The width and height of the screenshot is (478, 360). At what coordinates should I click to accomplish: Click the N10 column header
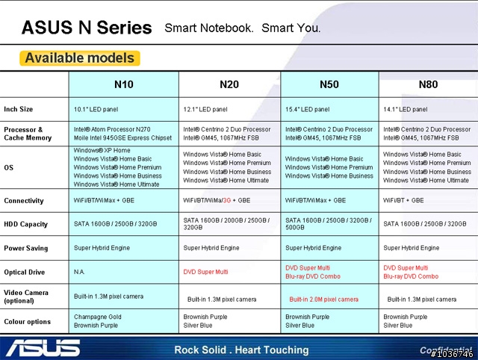tap(124, 84)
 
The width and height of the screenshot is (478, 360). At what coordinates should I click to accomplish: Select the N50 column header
tap(329, 84)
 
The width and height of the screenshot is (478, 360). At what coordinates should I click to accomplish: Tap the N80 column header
tap(428, 84)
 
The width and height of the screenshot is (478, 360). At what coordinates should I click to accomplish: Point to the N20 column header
tap(229, 84)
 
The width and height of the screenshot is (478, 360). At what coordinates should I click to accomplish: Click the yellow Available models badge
tap(80, 58)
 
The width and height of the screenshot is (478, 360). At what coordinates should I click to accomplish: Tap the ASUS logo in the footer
tap(43, 348)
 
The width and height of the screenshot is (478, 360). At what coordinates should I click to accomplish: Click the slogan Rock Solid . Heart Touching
tap(241, 350)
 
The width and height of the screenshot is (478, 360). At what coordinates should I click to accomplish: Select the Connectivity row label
tap(24, 201)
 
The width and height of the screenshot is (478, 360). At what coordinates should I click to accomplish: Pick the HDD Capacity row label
tap(26, 224)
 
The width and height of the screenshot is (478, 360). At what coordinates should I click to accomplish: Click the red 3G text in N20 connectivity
tap(227, 200)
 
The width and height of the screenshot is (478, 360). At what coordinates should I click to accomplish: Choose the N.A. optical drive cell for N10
tap(79, 272)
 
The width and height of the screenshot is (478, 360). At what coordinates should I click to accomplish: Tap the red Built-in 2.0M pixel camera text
tap(323, 300)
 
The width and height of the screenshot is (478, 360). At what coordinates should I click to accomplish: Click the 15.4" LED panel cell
tap(307, 110)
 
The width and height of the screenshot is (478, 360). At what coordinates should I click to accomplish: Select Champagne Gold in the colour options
tap(98, 317)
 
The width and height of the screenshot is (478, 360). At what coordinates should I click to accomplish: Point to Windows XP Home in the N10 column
tap(102, 150)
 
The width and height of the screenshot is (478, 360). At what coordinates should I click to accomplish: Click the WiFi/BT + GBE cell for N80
tap(403, 200)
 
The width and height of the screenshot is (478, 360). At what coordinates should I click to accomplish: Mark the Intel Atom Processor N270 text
tap(112, 129)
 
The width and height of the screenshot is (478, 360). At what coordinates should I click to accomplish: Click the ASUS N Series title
tap(87, 28)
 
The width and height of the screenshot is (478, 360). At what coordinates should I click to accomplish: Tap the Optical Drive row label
tap(25, 272)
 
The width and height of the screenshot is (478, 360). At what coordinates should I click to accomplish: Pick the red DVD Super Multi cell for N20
tap(205, 272)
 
